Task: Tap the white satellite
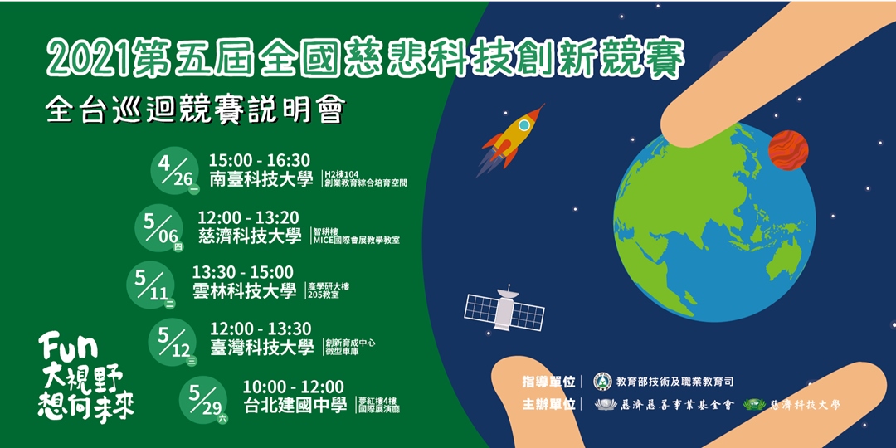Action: pyautogui.click(x=504, y=310)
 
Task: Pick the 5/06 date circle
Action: pyautogui.click(x=160, y=226)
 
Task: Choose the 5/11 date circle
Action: pyautogui.click(x=151, y=283)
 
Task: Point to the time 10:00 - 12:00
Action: pyautogui.click(x=293, y=387)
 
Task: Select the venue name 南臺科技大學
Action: pyautogui.click(x=261, y=179)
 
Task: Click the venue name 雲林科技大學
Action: pyautogui.click(x=244, y=290)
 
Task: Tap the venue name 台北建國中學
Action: pyautogui.click(x=295, y=406)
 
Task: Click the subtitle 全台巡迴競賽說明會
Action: pyautogui.click(x=195, y=111)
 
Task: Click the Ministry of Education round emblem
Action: pyautogui.click(x=602, y=382)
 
